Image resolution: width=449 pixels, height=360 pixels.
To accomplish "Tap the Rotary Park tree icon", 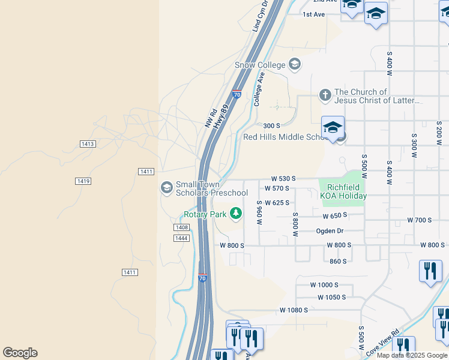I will (x=237, y=213).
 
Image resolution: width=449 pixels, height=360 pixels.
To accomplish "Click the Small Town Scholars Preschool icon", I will (x=166, y=188).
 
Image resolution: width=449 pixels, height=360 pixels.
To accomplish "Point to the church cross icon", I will (x=325, y=95).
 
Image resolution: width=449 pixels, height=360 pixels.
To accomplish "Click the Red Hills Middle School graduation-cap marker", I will (x=333, y=127).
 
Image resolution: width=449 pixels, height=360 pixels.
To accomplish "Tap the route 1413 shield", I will (x=88, y=144).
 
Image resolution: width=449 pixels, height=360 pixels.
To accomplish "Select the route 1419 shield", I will (x=83, y=181).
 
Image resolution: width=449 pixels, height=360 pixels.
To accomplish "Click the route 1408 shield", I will (x=182, y=227).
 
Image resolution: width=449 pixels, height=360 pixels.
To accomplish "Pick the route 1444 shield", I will (x=182, y=238).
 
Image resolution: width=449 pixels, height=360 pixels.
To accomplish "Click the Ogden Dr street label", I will (x=330, y=231).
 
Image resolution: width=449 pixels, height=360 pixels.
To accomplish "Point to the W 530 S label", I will (x=284, y=179).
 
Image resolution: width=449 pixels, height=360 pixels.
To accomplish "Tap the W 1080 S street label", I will (x=294, y=310).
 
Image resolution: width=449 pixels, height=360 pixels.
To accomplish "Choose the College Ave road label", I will (x=259, y=89).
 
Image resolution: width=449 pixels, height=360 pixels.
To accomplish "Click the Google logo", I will (x=20, y=353).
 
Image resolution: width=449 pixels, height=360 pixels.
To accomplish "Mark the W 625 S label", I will (x=277, y=203).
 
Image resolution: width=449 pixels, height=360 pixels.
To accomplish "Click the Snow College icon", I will (x=294, y=64).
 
